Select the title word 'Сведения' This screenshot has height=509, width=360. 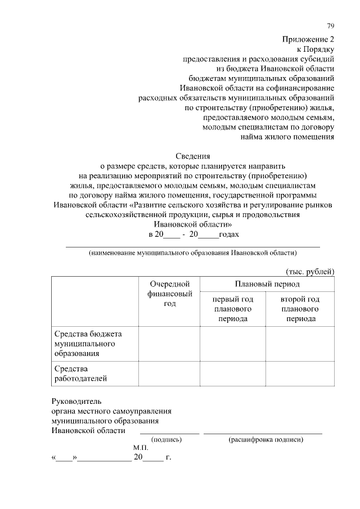tap(193, 156)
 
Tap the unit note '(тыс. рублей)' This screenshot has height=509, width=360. tap(310, 271)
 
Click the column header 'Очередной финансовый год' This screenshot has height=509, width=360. tap(169, 294)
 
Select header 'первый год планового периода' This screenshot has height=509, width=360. tap(232, 309)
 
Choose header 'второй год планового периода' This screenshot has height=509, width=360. tap(300, 309)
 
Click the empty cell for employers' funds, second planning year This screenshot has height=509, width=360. tap(300, 373)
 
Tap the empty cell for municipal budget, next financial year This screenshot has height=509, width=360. tap(169, 343)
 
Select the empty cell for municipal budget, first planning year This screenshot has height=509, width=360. tap(232, 343)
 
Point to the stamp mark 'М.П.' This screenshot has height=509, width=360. tap(141, 448)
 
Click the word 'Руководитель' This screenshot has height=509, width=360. tap(76, 402)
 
